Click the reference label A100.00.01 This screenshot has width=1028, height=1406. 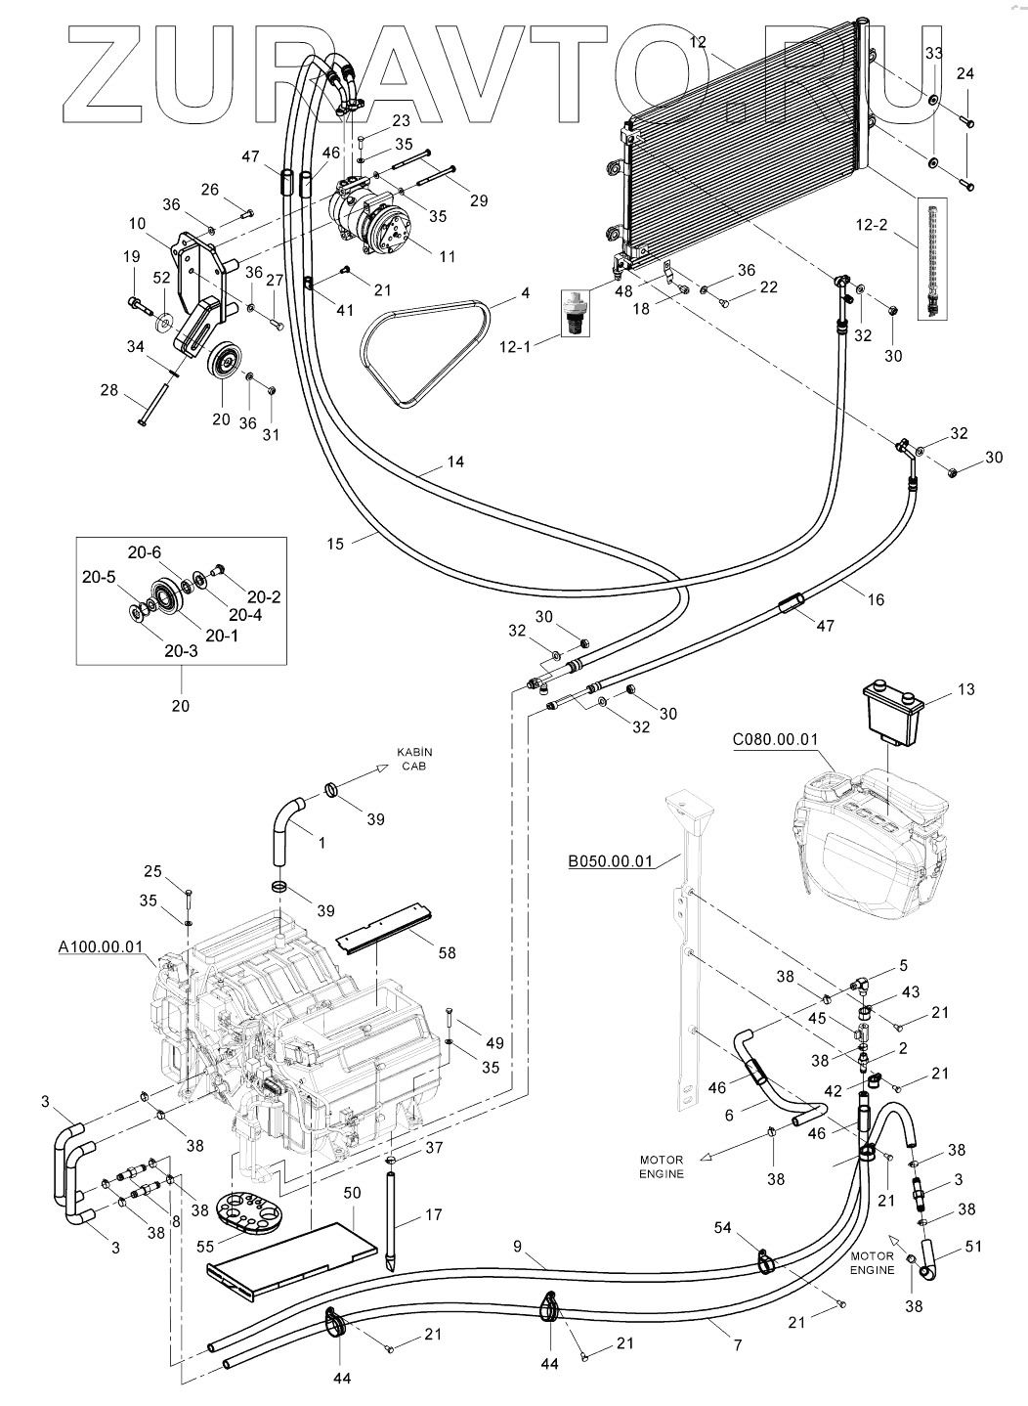point(101,946)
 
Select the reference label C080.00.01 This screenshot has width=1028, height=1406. point(774,739)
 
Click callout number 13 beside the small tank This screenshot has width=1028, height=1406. point(964,690)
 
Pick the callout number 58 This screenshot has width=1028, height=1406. point(446,951)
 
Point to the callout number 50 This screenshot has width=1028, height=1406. point(352,1194)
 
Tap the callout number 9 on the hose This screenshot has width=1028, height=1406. point(518,1247)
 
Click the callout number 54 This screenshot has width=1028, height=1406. point(750,1228)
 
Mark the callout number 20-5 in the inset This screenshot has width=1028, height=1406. point(100,578)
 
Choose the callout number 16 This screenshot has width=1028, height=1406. point(875,599)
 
